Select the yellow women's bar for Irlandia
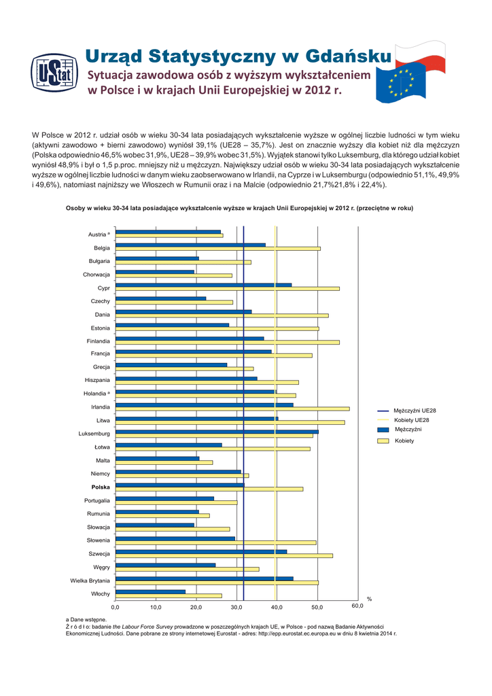click(232, 408)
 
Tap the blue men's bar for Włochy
click(150, 591)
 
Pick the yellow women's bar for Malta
click(163, 462)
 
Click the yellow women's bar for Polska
click(209, 489)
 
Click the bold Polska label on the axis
click(100, 487)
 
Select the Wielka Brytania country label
click(90, 580)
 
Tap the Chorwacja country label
click(96, 275)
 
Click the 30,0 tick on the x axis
click(236, 606)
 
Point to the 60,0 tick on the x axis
click(357, 606)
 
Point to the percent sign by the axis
click(370, 599)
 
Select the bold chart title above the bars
click(239, 208)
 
